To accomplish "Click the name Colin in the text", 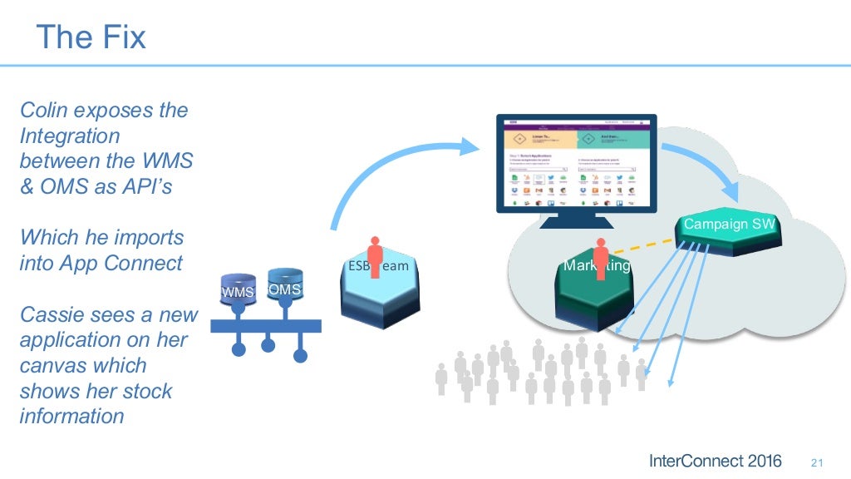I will [x=42, y=110].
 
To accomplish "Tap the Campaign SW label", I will [x=729, y=225].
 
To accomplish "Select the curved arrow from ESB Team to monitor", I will [x=391, y=166].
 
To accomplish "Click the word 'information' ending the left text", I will [x=71, y=417].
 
